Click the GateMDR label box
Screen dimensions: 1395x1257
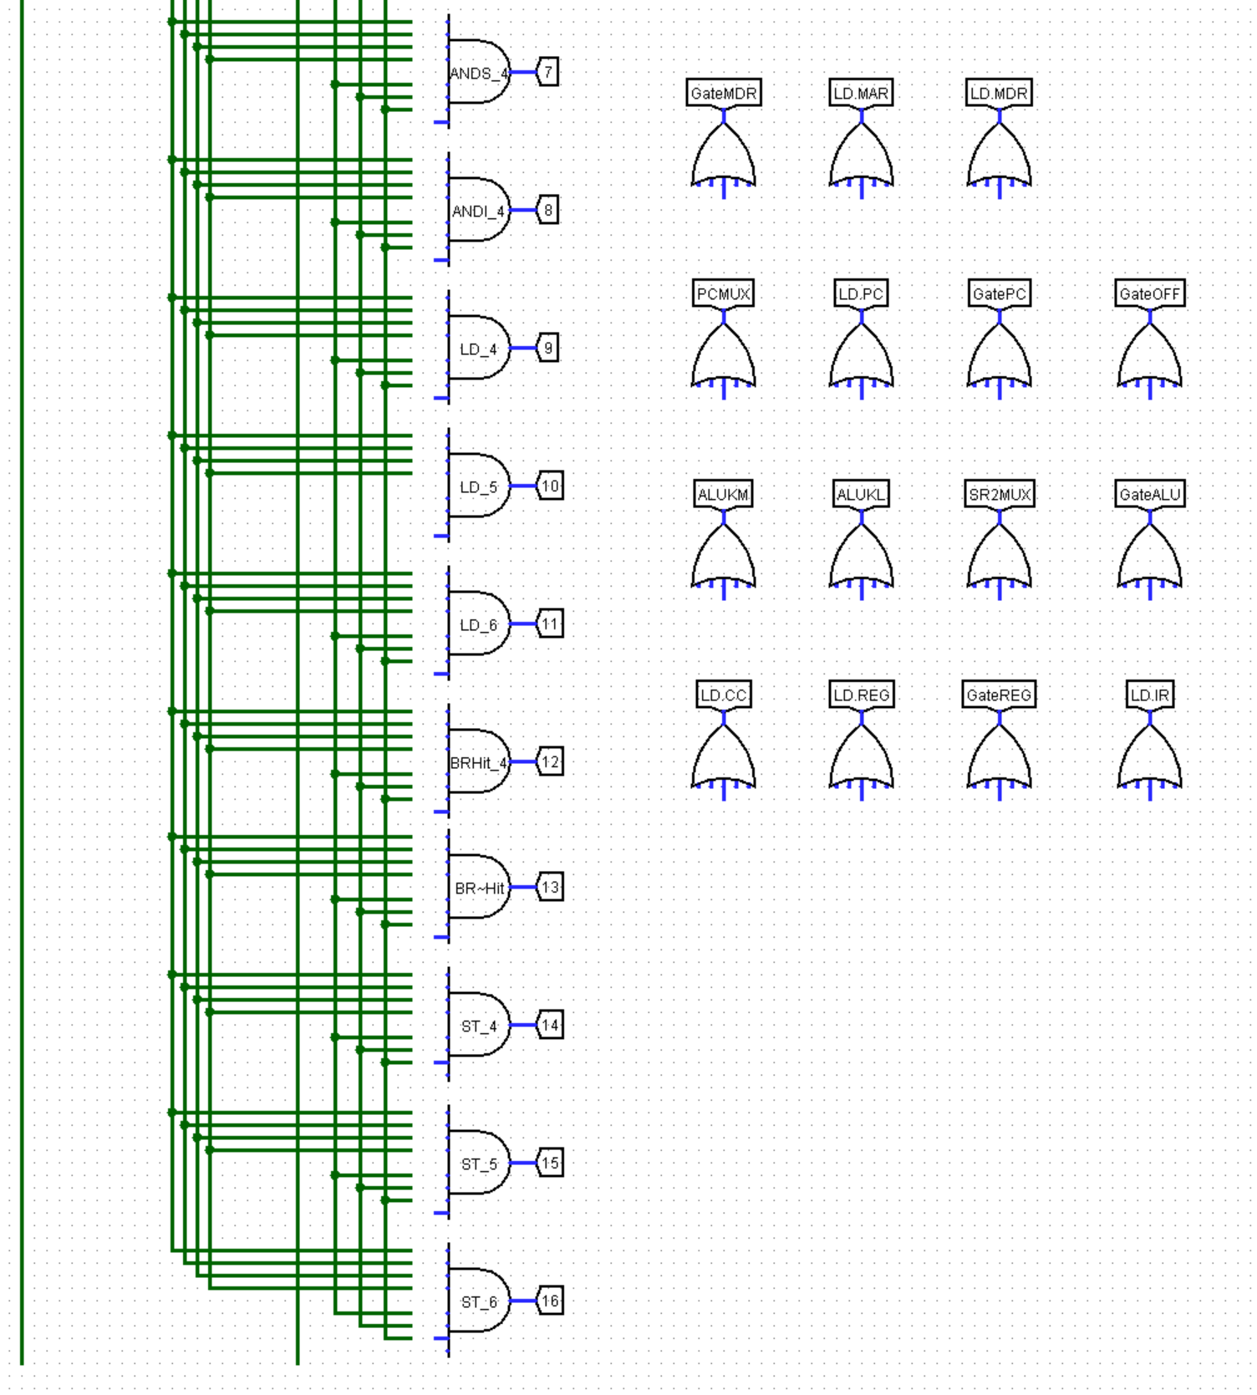point(724,93)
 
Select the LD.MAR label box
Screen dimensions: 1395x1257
point(862,93)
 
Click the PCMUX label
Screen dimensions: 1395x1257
point(724,293)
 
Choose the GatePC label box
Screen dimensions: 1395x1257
point(1000,293)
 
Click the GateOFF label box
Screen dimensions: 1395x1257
point(1150,293)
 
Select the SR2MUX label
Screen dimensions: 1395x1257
point(1000,494)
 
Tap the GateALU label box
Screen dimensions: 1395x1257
point(1150,494)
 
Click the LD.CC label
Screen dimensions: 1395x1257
point(724,695)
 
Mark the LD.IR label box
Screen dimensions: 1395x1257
point(1150,695)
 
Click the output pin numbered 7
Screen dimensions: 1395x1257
point(548,72)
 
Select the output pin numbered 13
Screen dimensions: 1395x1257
point(550,887)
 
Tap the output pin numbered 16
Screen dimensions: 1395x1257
point(550,1301)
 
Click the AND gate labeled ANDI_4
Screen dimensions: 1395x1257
point(478,210)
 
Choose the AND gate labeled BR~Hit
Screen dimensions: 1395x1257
point(478,887)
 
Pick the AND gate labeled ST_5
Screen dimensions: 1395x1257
point(478,1163)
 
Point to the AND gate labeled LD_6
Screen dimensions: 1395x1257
point(478,624)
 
